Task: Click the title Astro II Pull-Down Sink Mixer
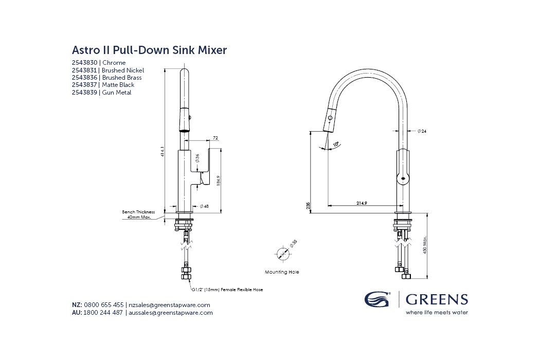pyautogui.click(x=149, y=50)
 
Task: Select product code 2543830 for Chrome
pyautogui.click(x=85, y=63)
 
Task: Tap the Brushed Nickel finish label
pyautogui.click(x=123, y=70)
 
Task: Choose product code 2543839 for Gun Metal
pyautogui.click(x=85, y=93)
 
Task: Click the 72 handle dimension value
pyautogui.click(x=215, y=138)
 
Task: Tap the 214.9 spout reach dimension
pyautogui.click(x=362, y=204)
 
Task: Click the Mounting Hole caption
pyautogui.click(x=282, y=272)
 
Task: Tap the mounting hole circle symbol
pyautogui.click(x=282, y=254)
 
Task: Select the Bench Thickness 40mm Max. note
pyautogui.click(x=138, y=214)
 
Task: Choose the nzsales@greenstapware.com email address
pyautogui.click(x=169, y=305)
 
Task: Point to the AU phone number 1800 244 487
pyautogui.click(x=103, y=313)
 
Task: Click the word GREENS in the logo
pyautogui.click(x=437, y=299)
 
